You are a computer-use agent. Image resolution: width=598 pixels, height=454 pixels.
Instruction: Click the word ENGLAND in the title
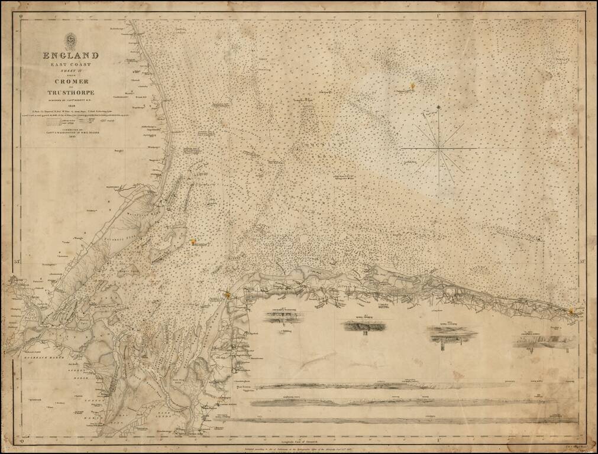[70, 56]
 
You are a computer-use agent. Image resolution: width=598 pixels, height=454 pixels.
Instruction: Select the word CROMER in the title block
[70, 81]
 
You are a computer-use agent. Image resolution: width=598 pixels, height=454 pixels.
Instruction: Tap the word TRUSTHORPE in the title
[70, 92]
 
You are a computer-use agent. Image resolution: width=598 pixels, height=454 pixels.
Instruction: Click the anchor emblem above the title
[70, 41]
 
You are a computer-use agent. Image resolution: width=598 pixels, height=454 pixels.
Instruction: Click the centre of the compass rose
[439, 145]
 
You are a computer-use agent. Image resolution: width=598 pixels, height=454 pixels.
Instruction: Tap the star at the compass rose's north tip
[439, 107]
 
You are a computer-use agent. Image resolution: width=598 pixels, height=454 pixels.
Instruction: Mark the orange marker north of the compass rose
[412, 86]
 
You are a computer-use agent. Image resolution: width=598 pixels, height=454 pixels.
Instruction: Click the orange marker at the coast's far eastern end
[571, 311]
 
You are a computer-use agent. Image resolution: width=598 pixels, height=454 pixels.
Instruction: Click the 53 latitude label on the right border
[582, 261]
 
